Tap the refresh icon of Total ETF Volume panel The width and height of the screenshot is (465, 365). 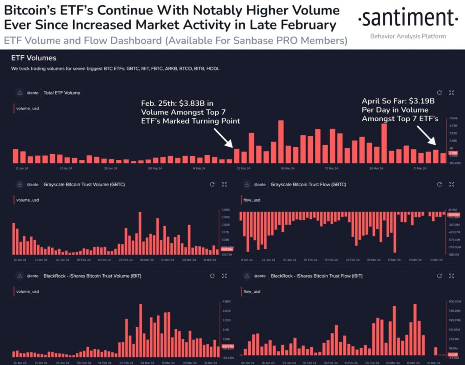pyautogui.click(x=439, y=93)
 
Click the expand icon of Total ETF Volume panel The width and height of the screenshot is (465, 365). pyautogui.click(x=451, y=93)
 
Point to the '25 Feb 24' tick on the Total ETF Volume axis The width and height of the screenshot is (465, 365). pyautogui.click(x=244, y=168)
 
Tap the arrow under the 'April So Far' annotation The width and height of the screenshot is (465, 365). pyautogui.click(x=426, y=136)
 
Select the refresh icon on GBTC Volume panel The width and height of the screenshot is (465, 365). pyautogui.click(x=212, y=185)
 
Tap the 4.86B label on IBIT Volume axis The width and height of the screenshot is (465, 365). pyautogui.click(x=227, y=301)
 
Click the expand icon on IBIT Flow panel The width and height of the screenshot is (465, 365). pyautogui.click(x=451, y=276)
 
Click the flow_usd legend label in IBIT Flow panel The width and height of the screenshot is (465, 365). pyautogui.click(x=252, y=291)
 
